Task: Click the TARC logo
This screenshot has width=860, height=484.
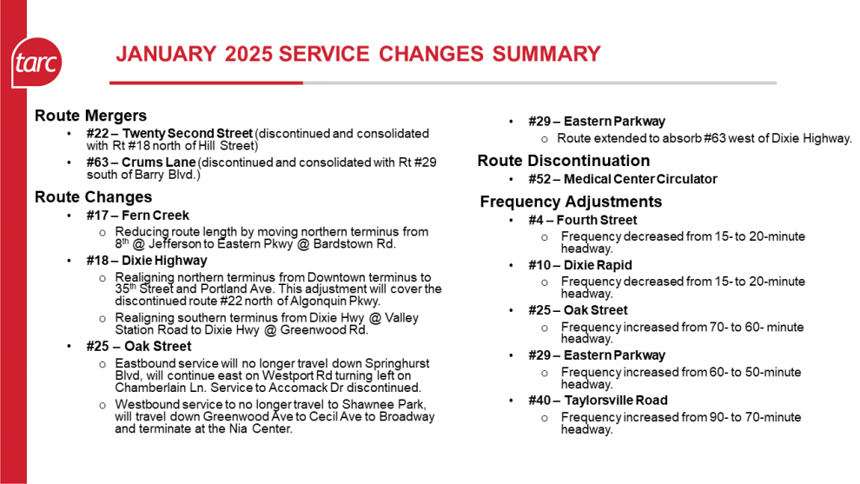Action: point(36,63)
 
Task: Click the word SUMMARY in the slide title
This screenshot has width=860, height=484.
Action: point(546,54)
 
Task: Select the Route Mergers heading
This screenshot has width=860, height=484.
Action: point(90,116)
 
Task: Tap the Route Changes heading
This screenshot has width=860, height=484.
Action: point(93,197)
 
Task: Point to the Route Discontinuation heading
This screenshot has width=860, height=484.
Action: point(563,161)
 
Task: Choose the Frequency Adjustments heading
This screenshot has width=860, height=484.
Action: point(571,202)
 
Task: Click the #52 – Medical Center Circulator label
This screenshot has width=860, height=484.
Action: point(622,179)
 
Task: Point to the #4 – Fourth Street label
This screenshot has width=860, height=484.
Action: point(582,220)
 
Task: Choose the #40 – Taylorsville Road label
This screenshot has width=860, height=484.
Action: point(598,401)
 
